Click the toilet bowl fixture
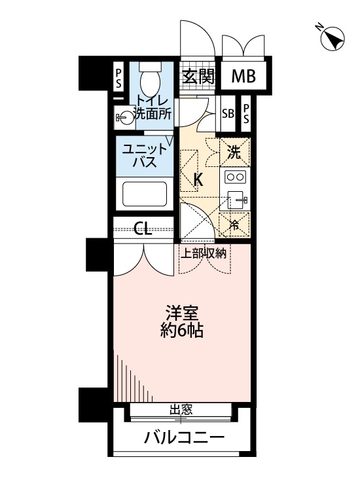click(150, 81)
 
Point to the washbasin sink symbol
click(123, 117)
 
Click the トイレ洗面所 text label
click(153, 107)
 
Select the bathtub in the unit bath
click(145, 194)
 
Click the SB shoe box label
click(228, 113)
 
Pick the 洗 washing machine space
click(234, 154)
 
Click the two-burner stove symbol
click(234, 177)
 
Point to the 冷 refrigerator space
click(234, 225)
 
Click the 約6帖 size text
click(182, 331)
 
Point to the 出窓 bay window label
click(181, 410)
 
